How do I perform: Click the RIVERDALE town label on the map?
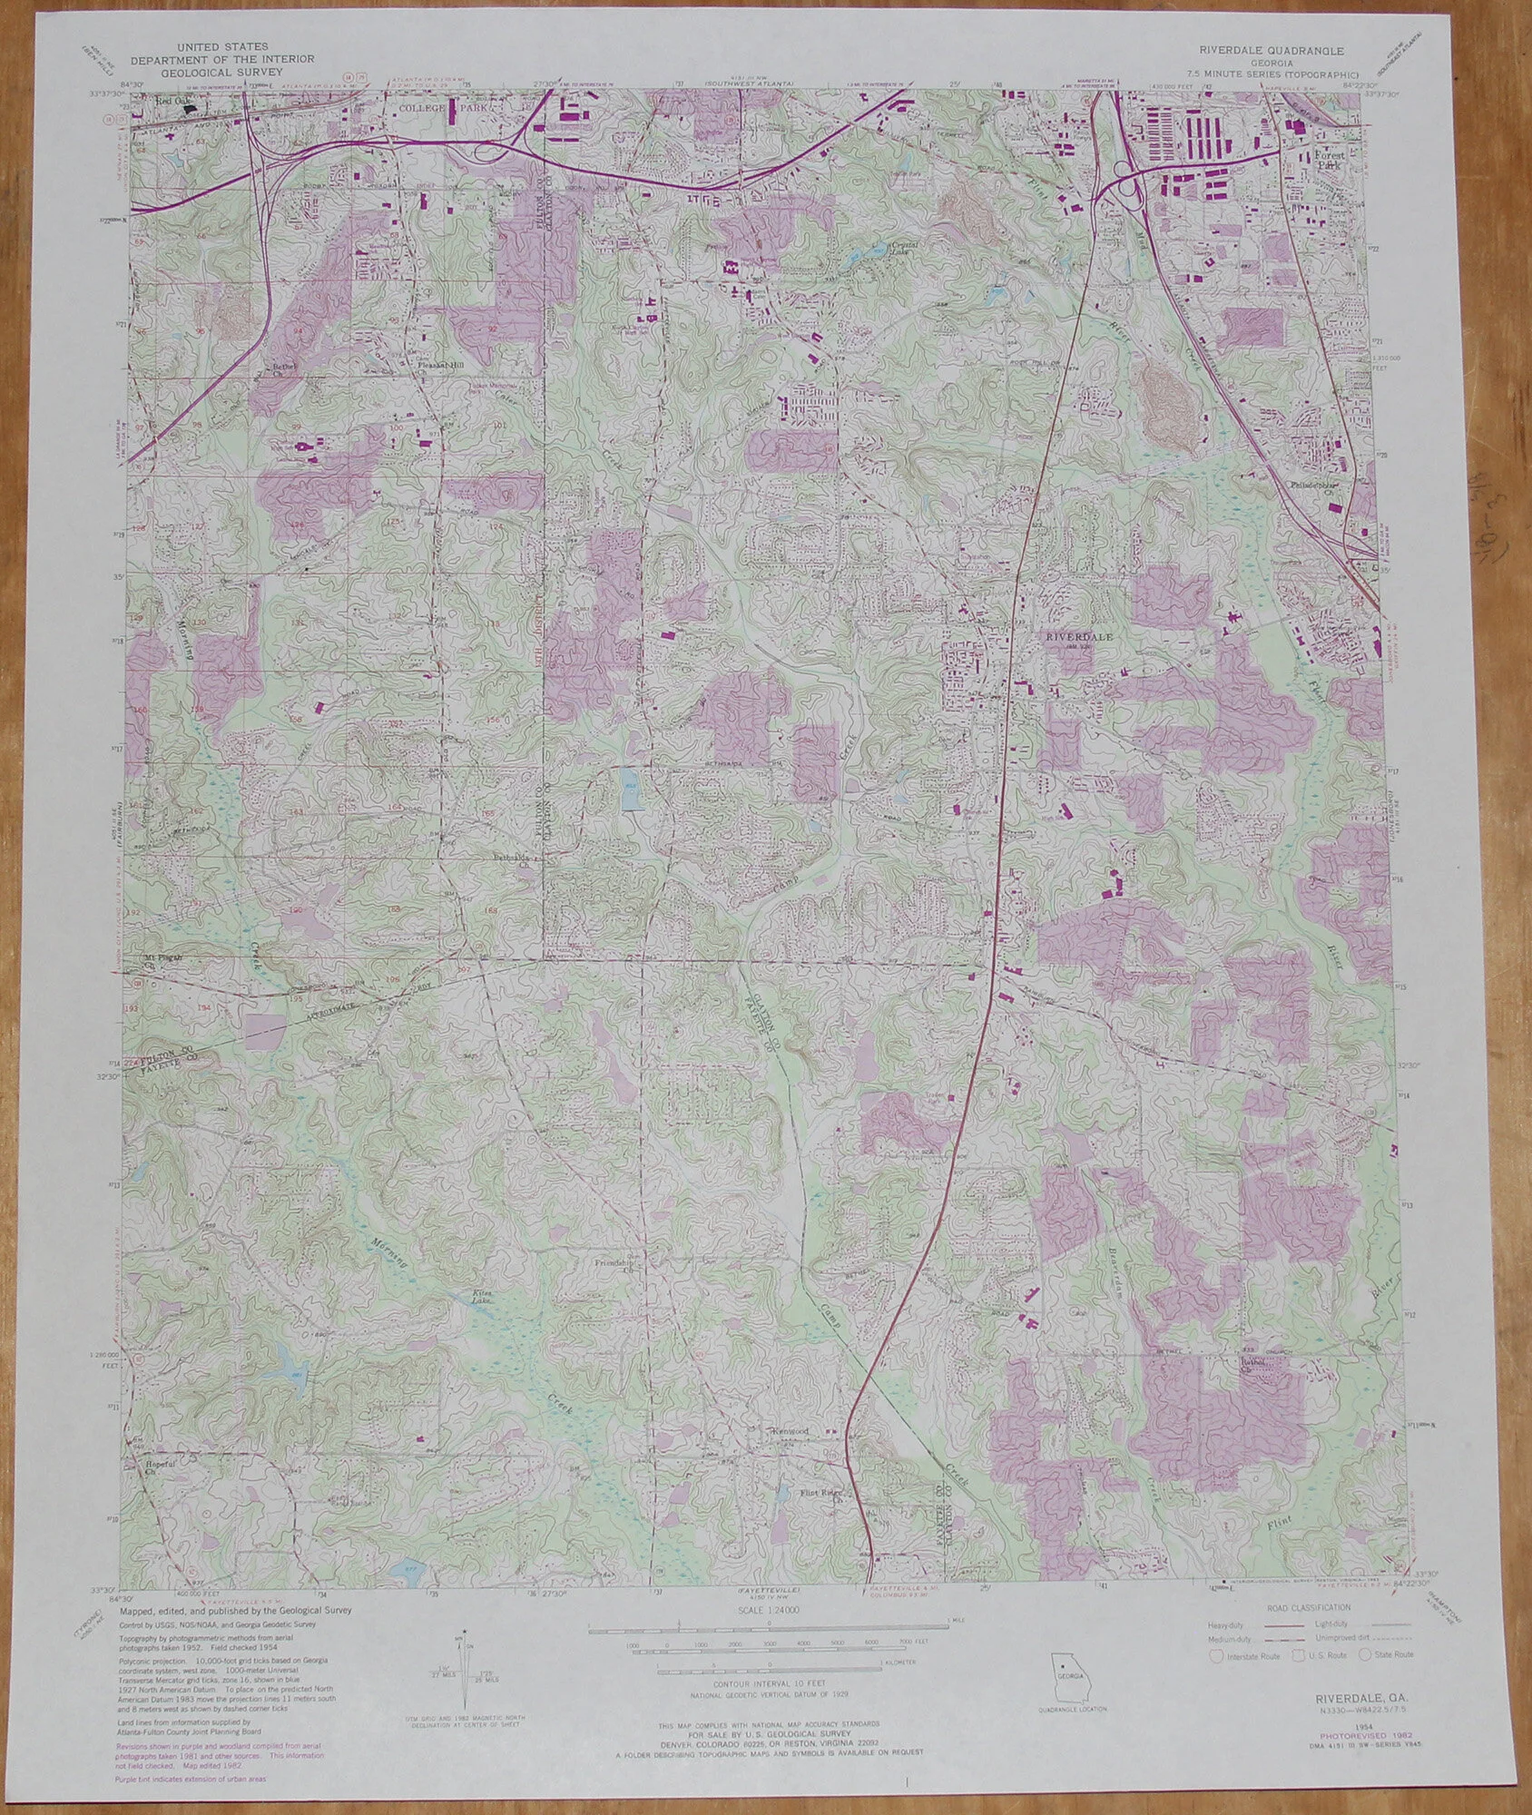click(x=1079, y=637)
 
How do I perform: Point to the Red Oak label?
click(x=167, y=102)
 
